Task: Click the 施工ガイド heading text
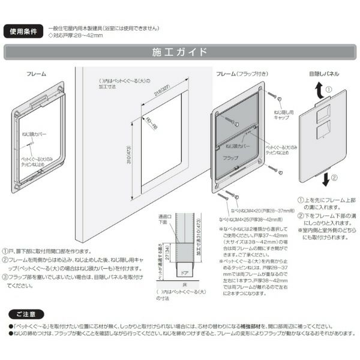tap(179, 52)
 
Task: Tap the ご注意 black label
tap(26, 314)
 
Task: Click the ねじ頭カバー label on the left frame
tap(35, 136)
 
